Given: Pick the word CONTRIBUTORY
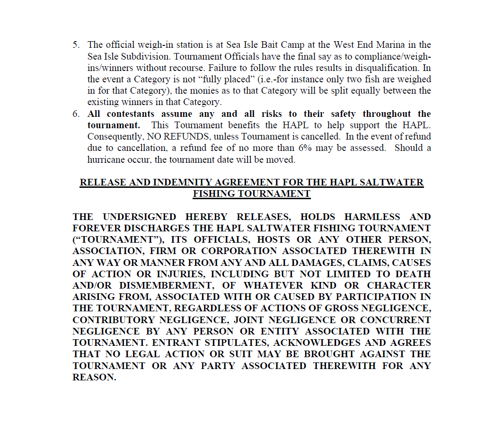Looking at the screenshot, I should coord(114,320).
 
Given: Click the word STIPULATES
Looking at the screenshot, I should coord(234,343).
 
